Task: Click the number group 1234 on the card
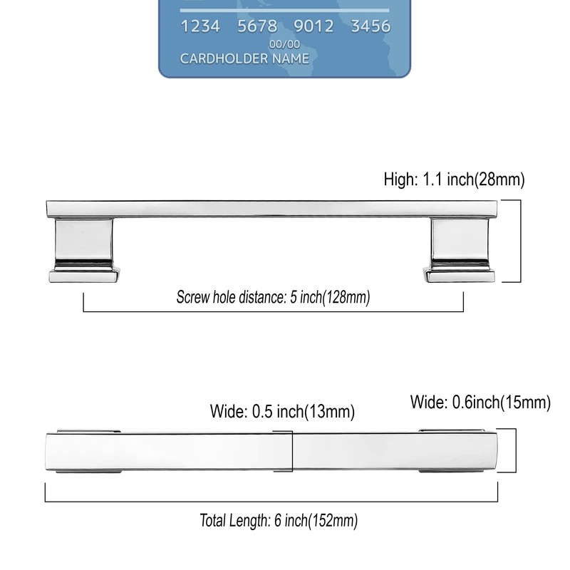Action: pyautogui.click(x=200, y=27)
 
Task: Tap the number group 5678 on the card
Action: pyautogui.click(x=257, y=27)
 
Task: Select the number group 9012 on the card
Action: pyautogui.click(x=314, y=27)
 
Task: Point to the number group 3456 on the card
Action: pyautogui.click(x=370, y=27)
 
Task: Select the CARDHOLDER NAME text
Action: pyautogui.click(x=244, y=58)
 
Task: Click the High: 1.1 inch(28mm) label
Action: pyautogui.click(x=454, y=179)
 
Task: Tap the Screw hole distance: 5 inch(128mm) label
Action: pyautogui.click(x=273, y=297)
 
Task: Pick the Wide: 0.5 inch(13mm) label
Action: pyautogui.click(x=282, y=411)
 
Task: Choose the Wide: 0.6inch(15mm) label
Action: pyautogui.click(x=480, y=403)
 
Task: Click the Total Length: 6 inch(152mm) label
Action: pyautogui.click(x=278, y=521)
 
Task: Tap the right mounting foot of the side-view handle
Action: pyautogui.click(x=459, y=249)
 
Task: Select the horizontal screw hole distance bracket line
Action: pyautogui.click(x=274, y=311)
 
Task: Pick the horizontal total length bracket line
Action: pyautogui.click(x=271, y=502)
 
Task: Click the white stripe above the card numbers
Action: pyautogui.click(x=284, y=10)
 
